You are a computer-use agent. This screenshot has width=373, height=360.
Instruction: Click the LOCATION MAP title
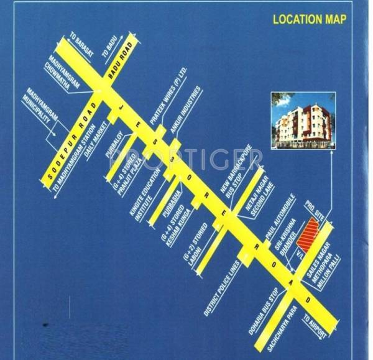(310, 19)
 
